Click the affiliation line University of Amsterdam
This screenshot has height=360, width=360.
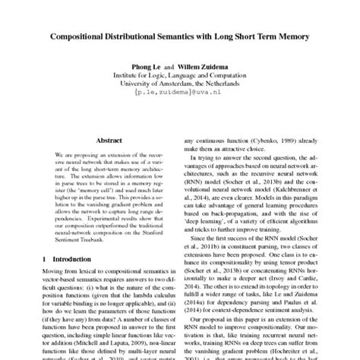180,98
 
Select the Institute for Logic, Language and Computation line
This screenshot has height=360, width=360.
180,89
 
